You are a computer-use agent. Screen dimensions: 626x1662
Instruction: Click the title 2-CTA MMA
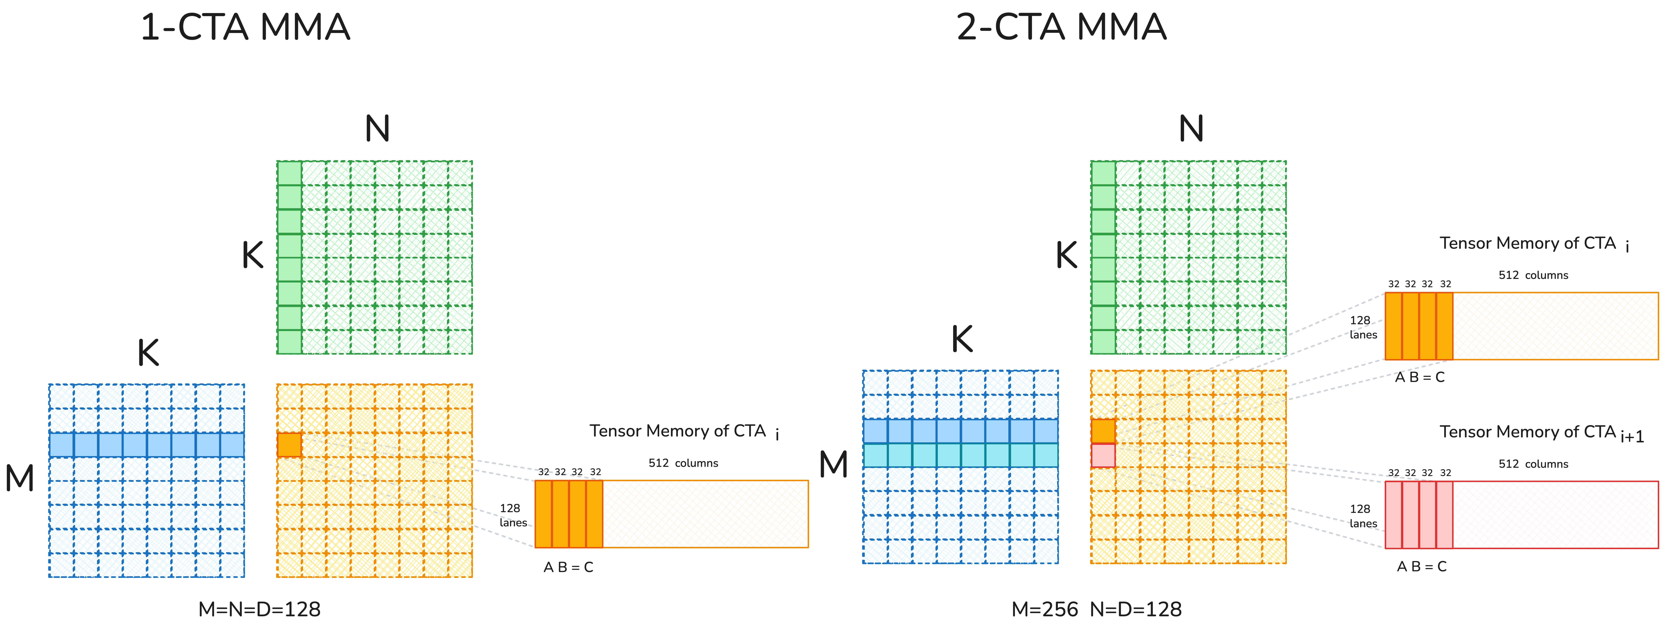[1061, 28]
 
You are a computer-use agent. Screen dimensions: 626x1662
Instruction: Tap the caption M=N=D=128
[259, 609]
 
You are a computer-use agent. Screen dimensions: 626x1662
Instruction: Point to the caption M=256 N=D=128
[1096, 609]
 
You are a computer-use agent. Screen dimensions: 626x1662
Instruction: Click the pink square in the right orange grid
[1103, 455]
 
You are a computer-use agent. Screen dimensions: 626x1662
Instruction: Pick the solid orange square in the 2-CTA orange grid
[1103, 431]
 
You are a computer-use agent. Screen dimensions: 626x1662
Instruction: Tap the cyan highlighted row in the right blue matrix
[960, 455]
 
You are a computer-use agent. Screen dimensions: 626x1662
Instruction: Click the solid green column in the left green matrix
[289, 257]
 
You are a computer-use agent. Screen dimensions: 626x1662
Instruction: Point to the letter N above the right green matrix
[1191, 129]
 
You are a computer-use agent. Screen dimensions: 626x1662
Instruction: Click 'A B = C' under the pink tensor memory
[1421, 566]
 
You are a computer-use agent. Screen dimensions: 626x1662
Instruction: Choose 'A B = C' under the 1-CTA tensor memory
[568, 567]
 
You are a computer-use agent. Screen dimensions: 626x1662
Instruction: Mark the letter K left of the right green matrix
[1066, 255]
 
